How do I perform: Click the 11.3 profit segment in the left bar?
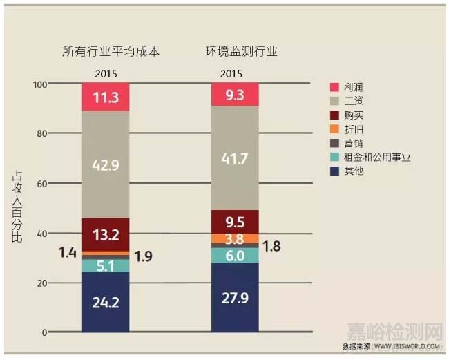105,97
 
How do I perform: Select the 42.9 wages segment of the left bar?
105,164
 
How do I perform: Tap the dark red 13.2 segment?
105,234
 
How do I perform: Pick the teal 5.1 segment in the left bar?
105,265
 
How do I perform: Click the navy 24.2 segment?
105,302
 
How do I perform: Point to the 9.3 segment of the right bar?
235,94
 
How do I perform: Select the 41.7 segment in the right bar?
235,158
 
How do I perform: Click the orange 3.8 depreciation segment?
235,238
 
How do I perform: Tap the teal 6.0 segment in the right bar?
235,256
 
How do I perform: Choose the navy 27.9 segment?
235,297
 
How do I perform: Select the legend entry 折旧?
352,129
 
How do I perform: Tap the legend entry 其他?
352,171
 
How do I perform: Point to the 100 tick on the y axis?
39,84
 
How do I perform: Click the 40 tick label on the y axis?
41,234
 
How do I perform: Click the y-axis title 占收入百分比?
17,207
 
